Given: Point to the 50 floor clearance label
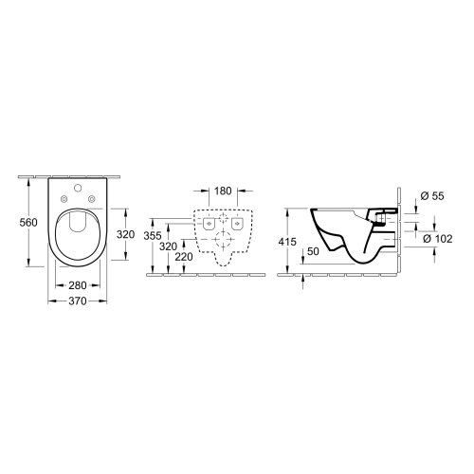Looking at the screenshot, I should click(x=314, y=252).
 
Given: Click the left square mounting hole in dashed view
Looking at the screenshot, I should click(x=208, y=226).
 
